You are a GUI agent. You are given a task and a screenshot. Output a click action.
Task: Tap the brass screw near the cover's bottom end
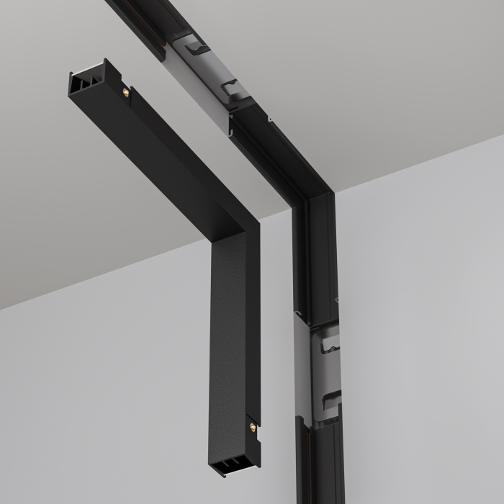(251, 426)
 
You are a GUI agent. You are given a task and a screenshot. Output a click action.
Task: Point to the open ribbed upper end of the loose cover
(84, 81)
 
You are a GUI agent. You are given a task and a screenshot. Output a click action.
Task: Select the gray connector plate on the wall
(324, 367)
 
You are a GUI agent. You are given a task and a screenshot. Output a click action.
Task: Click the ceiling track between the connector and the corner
(266, 151)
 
